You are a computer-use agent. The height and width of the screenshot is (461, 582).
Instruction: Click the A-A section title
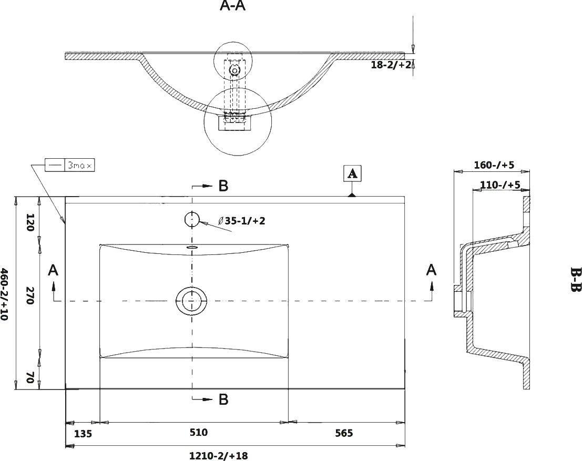(x=233, y=6)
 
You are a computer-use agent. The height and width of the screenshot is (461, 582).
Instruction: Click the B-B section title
(x=575, y=279)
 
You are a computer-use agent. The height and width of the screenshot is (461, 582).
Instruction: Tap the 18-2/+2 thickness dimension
(x=391, y=65)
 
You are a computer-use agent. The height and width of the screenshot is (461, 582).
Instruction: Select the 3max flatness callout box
(x=70, y=165)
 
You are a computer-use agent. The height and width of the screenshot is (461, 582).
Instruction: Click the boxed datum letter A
(x=353, y=173)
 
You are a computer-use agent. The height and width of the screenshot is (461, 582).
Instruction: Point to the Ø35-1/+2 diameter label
(x=242, y=221)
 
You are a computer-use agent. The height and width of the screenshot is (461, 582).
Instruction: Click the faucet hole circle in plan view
(x=192, y=220)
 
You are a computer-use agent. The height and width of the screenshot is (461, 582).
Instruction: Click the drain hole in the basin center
(x=191, y=300)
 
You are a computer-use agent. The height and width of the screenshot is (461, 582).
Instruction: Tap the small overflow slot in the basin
(x=192, y=247)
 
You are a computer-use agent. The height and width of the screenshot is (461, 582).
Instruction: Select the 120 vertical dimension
(x=30, y=222)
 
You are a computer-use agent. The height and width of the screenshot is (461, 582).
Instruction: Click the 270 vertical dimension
(x=30, y=295)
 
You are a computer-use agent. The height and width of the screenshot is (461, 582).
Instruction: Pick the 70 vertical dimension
(x=30, y=377)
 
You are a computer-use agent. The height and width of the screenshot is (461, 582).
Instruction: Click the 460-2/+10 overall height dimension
(x=4, y=294)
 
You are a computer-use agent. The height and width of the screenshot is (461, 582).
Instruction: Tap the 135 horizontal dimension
(x=83, y=434)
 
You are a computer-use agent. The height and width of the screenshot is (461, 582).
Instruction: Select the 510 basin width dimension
(x=199, y=432)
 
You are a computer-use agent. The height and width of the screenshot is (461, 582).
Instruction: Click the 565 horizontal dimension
(x=344, y=433)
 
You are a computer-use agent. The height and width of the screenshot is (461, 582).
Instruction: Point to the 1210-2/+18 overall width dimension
(x=219, y=455)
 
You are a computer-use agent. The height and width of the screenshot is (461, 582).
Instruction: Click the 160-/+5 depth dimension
(x=494, y=165)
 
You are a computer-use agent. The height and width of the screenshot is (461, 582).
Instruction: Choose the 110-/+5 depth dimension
(x=500, y=185)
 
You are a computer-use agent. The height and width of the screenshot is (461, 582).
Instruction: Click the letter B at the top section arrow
(x=223, y=186)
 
